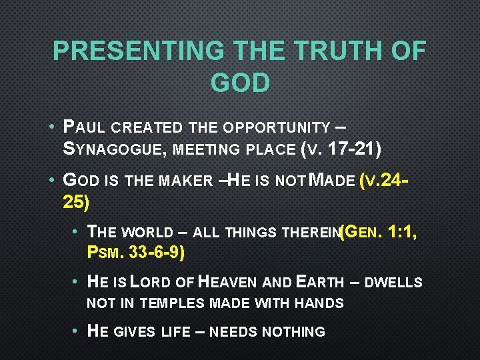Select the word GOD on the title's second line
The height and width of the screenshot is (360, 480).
(x=240, y=83)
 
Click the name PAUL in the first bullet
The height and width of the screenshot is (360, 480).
(x=85, y=127)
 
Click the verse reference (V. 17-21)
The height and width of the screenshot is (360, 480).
(x=340, y=149)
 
